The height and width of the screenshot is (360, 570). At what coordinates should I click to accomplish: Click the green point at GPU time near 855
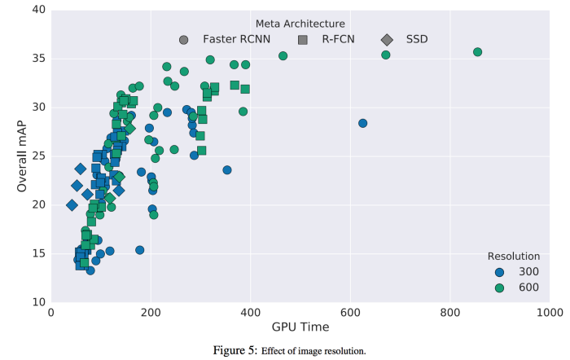pyautogui.click(x=478, y=52)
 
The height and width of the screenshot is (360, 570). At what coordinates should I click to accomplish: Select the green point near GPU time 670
pyautogui.click(x=386, y=55)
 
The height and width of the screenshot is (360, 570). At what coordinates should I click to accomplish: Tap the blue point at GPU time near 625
pyautogui.click(x=363, y=123)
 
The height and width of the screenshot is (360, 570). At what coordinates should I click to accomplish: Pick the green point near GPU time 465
pyautogui.click(x=283, y=56)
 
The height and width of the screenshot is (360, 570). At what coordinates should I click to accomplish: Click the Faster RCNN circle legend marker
pyautogui.click(x=184, y=39)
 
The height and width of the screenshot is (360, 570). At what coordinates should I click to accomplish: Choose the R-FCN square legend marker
pyautogui.click(x=303, y=39)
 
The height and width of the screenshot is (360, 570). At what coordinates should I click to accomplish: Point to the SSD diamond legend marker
pyautogui.click(x=387, y=39)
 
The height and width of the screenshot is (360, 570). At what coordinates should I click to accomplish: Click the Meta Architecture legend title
pyautogui.click(x=300, y=23)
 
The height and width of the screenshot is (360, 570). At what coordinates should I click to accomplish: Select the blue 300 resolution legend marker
pyautogui.click(x=500, y=272)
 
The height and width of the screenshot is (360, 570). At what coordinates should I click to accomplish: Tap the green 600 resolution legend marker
pyautogui.click(x=500, y=288)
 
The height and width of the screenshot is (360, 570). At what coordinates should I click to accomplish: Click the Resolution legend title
pyautogui.click(x=511, y=255)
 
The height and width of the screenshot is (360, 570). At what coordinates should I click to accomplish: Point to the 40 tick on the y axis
pyautogui.click(x=37, y=10)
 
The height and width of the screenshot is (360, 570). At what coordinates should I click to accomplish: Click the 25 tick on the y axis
pyautogui.click(x=37, y=156)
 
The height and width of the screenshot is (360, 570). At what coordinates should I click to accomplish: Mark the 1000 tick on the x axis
pyautogui.click(x=550, y=312)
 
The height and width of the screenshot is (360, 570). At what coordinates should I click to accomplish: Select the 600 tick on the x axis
pyautogui.click(x=350, y=312)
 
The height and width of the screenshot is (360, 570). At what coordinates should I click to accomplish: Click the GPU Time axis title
pyautogui.click(x=300, y=327)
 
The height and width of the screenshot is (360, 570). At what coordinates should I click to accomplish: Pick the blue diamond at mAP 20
pyautogui.click(x=72, y=205)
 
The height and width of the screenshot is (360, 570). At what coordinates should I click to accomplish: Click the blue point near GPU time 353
pyautogui.click(x=227, y=170)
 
